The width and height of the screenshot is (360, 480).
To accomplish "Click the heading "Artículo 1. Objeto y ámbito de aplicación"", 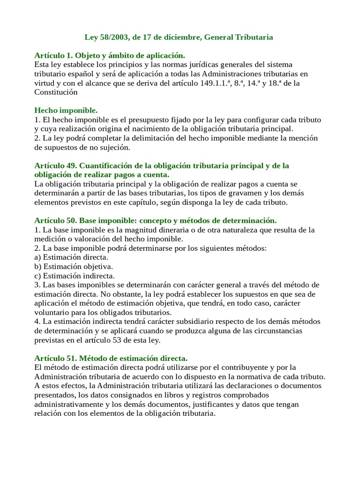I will (x=110, y=55).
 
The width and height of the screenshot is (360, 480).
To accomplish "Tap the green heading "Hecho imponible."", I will (x=66, y=110).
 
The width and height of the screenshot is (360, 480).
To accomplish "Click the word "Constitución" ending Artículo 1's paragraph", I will (x=56, y=92).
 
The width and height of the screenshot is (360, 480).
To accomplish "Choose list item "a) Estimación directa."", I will (x=71, y=257).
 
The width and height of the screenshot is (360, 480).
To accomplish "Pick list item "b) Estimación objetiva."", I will (x=74, y=266).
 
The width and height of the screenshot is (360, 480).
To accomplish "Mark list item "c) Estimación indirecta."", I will (x=75, y=276).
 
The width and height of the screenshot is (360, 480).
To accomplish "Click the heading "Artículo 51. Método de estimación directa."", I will (x=111, y=358).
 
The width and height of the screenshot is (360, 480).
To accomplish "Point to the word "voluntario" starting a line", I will (x=52, y=312).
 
